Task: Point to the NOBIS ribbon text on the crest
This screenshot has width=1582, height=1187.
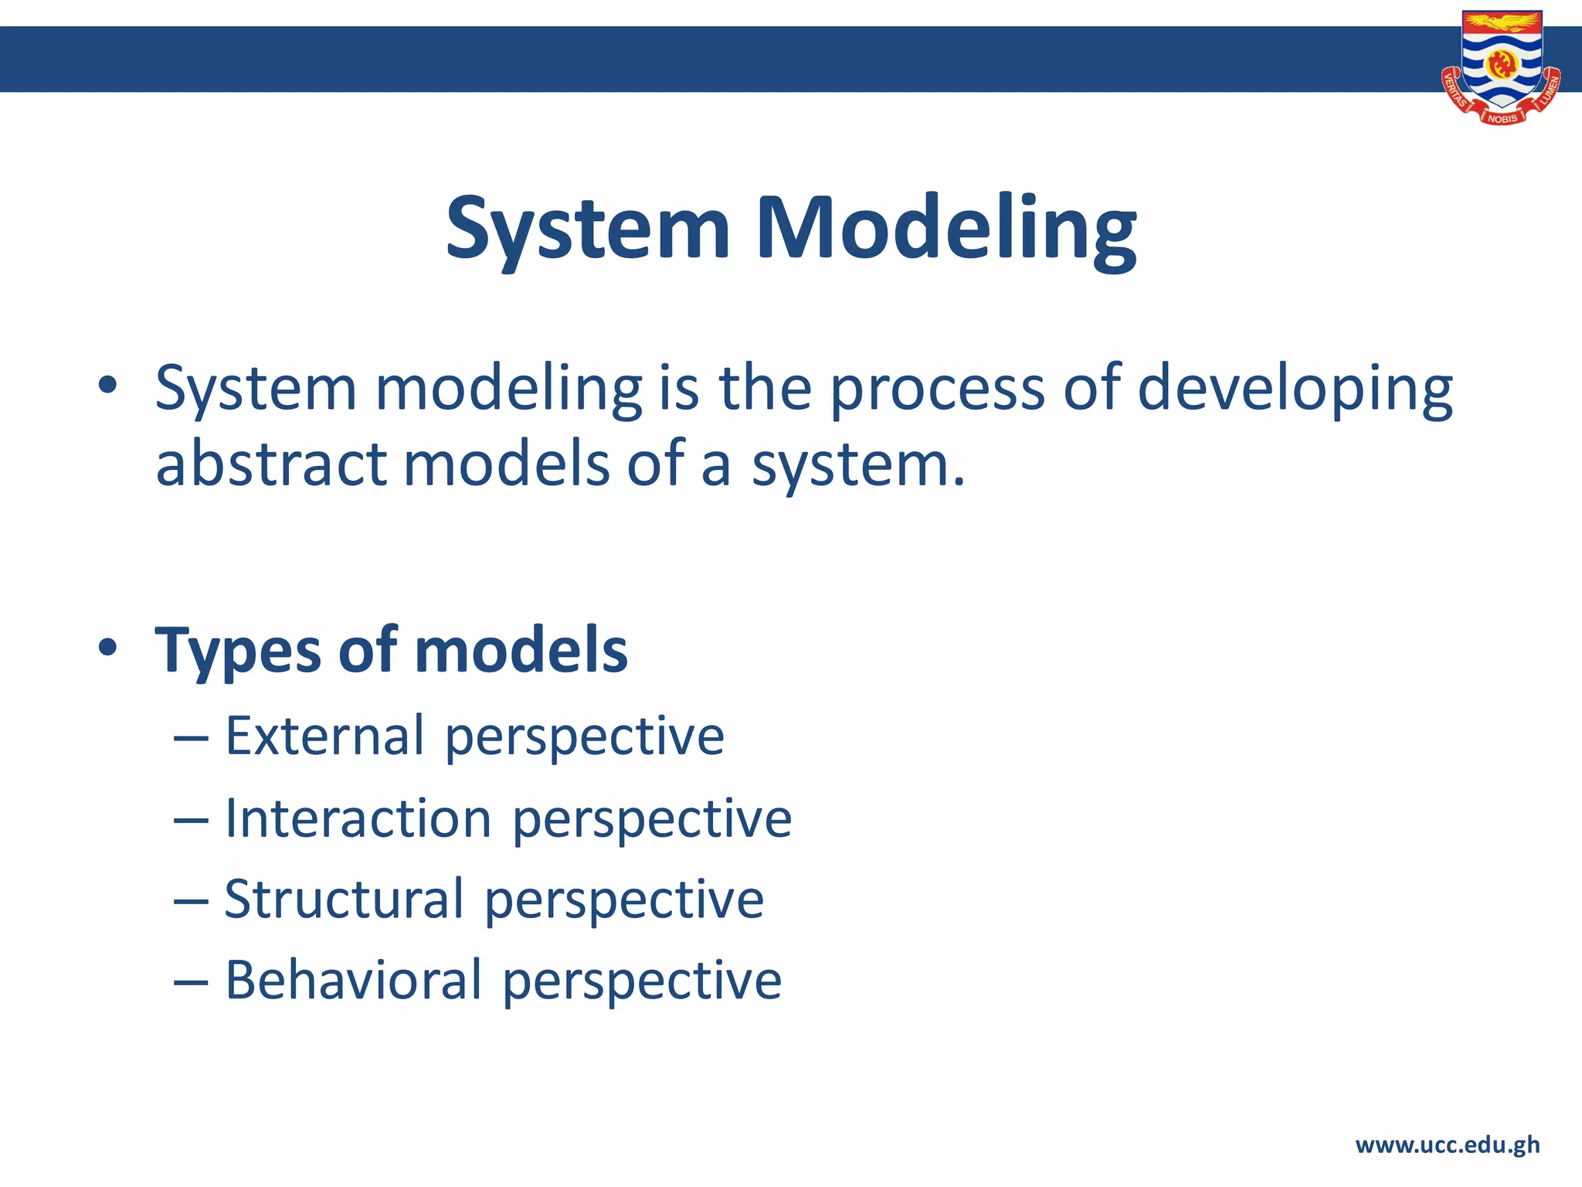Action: point(1502,118)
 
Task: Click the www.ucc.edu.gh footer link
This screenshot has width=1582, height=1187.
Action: point(1447,1144)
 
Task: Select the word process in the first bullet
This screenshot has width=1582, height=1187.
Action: point(936,389)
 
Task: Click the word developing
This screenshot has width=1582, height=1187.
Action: point(1295,389)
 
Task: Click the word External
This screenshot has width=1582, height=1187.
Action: point(324,736)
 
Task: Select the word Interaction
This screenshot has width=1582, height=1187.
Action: point(358,818)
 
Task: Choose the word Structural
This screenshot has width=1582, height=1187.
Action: point(344,900)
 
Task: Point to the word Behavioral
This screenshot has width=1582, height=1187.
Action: point(353,981)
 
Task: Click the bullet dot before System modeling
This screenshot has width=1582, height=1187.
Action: point(107,384)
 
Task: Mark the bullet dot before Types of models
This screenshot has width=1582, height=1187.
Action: point(107,648)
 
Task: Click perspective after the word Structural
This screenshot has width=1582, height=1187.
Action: point(624,901)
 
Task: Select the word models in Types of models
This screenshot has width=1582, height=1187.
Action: point(521,651)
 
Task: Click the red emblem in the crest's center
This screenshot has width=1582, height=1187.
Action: point(1502,63)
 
